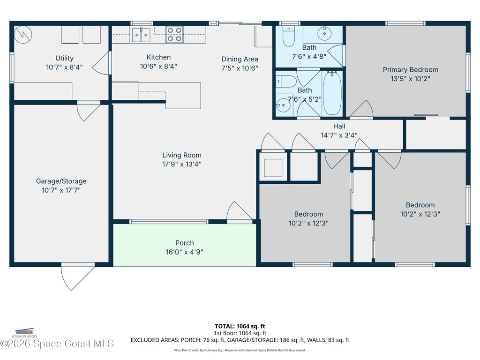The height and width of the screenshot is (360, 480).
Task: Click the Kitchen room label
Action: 158,57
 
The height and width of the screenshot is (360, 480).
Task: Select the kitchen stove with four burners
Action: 174,35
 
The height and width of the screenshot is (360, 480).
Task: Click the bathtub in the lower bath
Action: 332,93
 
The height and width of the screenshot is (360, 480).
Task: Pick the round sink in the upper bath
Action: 324,33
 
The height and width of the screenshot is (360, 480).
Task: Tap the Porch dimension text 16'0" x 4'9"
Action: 184,252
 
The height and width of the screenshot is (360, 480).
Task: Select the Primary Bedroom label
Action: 410,70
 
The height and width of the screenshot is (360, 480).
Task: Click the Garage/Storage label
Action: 61,181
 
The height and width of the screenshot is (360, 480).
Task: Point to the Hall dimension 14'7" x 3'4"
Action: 339,135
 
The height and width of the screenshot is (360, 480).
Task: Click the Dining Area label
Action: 240,59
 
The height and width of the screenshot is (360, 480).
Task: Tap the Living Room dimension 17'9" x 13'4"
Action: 182,164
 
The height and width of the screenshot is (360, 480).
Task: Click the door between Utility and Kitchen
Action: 102,63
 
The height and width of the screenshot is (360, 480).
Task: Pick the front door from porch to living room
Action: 240,212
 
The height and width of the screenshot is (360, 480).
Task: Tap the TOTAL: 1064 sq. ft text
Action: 240,326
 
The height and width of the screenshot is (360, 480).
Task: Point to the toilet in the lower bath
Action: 285,81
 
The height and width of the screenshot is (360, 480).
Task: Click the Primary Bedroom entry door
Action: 361,110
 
